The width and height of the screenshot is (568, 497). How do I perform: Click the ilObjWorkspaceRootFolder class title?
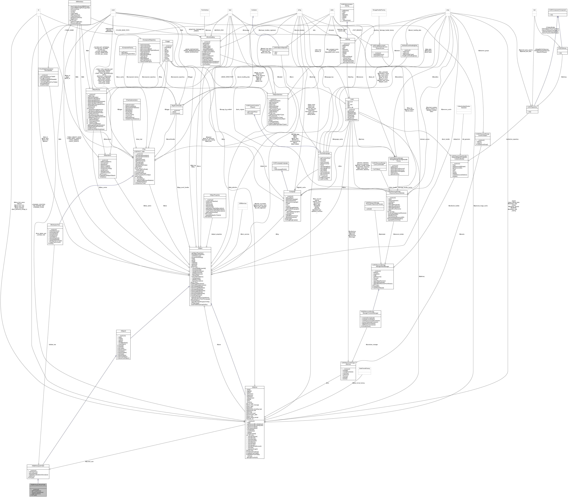pyautogui.click(x=38, y=484)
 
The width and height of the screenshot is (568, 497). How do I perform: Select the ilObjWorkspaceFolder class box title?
pyautogui.click(x=38, y=466)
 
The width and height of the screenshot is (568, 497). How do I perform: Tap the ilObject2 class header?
pyautogui.click(x=123, y=331)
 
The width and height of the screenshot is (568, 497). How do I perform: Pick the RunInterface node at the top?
pyautogui.click(x=205, y=10)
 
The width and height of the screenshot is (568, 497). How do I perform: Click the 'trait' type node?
pyautogui.click(x=534, y=10)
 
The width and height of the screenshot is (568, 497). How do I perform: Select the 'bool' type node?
pyautogui.click(x=230, y=10)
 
